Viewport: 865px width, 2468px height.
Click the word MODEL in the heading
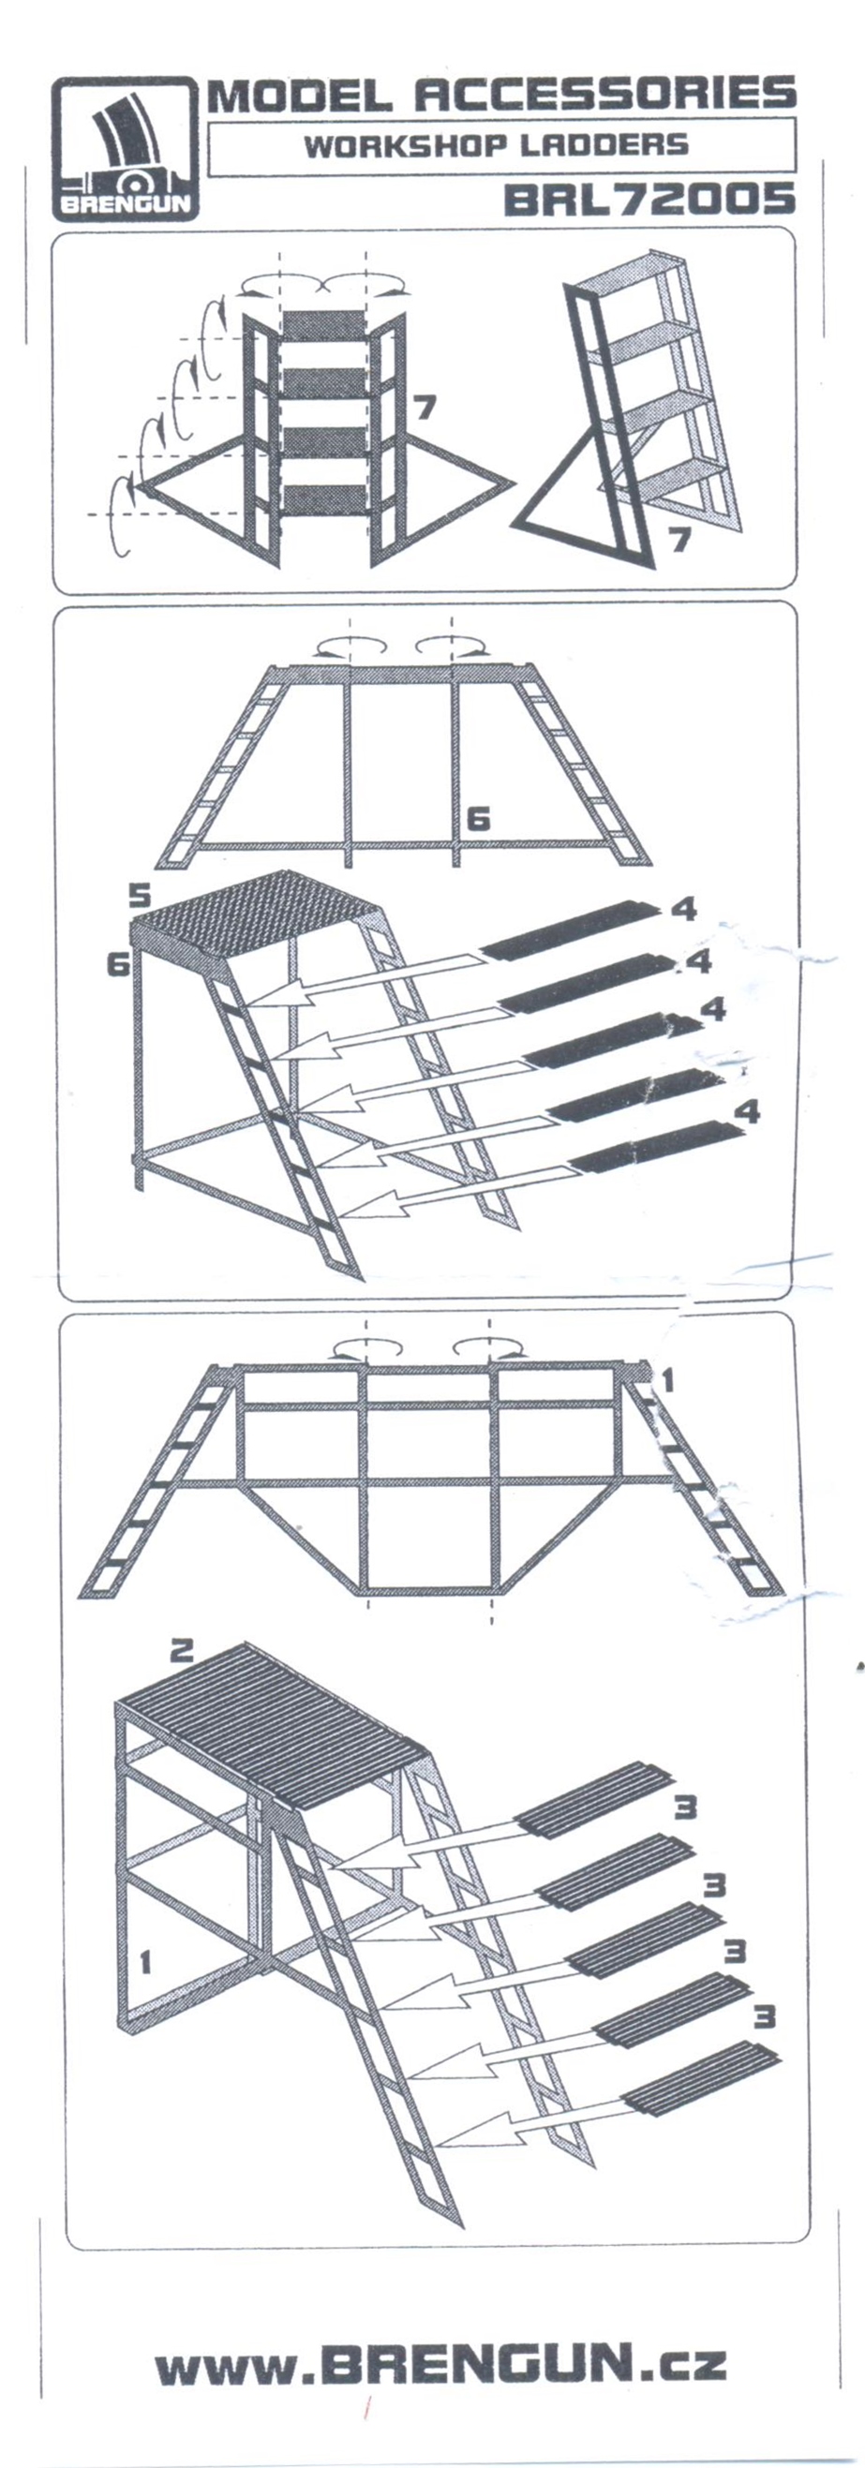300,95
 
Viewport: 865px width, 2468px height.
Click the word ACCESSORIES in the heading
604,94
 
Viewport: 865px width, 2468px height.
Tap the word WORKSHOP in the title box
405,146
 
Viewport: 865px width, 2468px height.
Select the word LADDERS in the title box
605,145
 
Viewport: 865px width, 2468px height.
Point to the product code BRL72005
649,199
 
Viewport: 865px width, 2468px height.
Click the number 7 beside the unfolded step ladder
425,408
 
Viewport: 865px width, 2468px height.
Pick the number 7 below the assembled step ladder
679,540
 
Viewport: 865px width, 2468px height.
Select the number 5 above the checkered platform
140,896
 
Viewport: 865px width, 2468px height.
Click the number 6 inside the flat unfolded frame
478,818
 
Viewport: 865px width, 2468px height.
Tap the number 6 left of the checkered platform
118,964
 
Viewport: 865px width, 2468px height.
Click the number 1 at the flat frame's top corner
667,1379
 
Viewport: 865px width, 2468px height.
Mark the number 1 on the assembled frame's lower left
145,1962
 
